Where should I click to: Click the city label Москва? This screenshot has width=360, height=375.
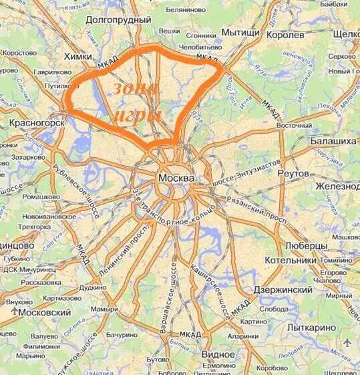177,178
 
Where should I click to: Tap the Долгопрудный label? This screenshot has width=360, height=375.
120,20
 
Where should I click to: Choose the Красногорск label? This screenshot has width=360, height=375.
37,123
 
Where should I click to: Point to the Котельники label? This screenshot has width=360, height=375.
290,259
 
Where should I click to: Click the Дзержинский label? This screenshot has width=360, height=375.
283,290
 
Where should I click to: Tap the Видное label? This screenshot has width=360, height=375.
218,354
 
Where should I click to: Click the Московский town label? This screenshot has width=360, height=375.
45,312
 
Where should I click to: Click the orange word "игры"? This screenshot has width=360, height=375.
138,115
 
